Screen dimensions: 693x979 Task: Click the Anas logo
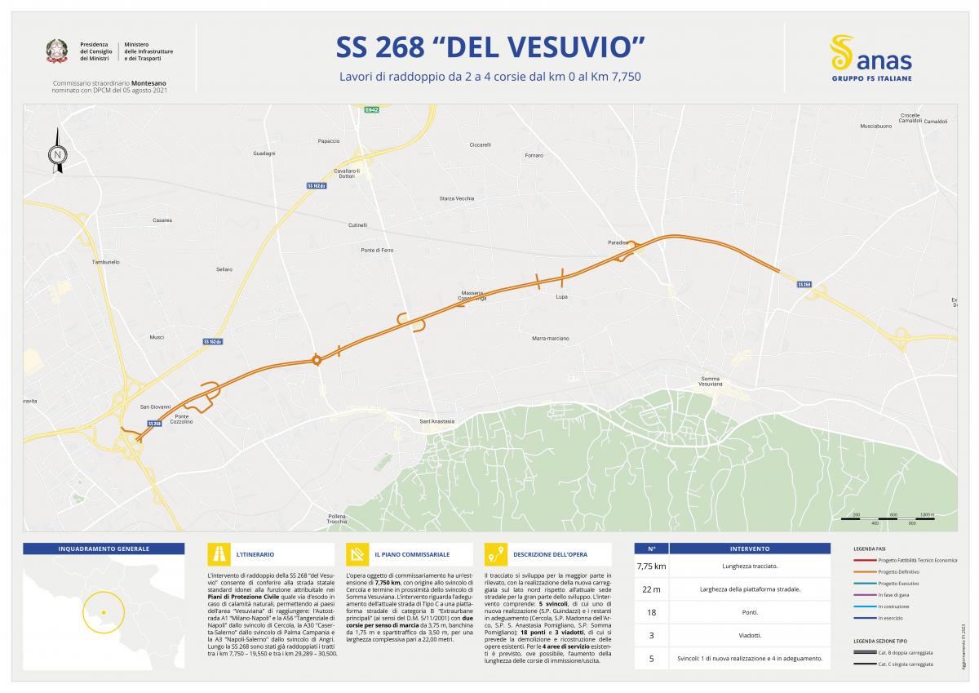click(x=870, y=56)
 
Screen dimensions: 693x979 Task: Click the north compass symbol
click(x=58, y=152)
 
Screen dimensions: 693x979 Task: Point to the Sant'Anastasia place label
click(x=436, y=421)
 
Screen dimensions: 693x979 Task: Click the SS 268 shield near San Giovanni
click(x=154, y=423)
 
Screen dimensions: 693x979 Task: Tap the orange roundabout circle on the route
click(x=317, y=360)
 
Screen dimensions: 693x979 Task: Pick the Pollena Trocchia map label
click(x=337, y=518)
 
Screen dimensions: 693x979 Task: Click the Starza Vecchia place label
click(x=456, y=198)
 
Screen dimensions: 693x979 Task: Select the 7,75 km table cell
click(x=651, y=566)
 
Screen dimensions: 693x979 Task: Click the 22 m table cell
click(x=651, y=589)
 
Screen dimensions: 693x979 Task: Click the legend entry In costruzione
click(x=893, y=606)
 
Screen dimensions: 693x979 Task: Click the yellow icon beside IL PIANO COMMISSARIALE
click(x=357, y=554)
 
